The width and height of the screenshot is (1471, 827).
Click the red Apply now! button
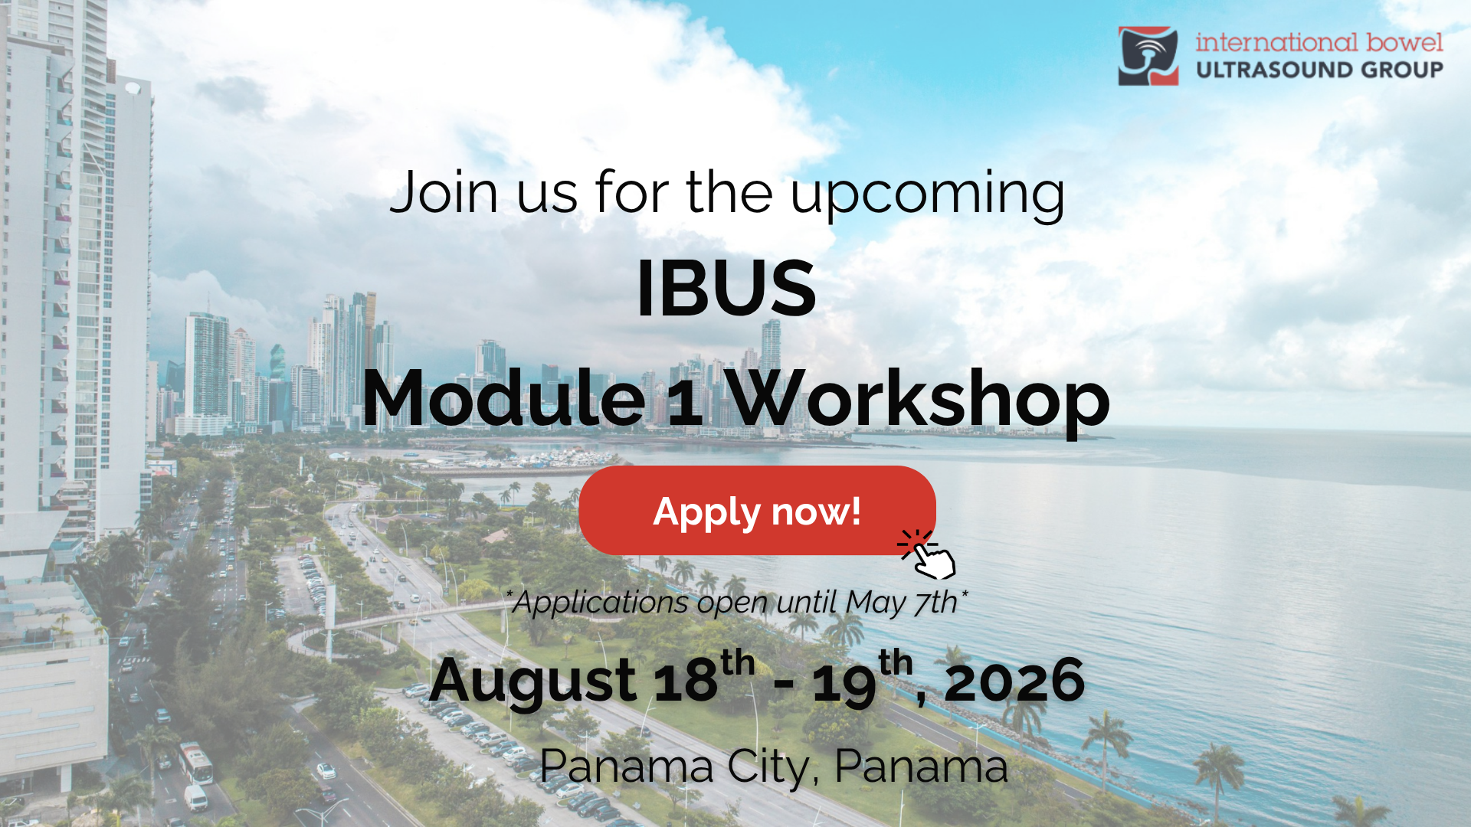(757, 510)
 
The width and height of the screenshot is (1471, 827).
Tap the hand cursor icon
(929, 554)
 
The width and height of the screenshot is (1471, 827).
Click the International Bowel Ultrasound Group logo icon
(1148, 56)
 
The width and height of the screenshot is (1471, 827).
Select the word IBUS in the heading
(726, 288)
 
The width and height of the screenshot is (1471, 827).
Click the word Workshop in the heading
(918, 399)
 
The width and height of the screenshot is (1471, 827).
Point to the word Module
(504, 397)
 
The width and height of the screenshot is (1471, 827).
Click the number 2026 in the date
(1015, 680)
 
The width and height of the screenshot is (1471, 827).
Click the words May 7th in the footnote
(901, 603)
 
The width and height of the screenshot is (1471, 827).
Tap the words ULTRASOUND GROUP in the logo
(1319, 70)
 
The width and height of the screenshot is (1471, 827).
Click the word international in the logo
(1277, 42)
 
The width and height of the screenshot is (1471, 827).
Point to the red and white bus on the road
(195, 762)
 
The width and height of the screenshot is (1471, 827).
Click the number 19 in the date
(844, 683)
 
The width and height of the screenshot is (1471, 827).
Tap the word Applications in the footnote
(601, 603)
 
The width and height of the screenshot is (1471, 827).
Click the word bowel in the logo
(1404, 42)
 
